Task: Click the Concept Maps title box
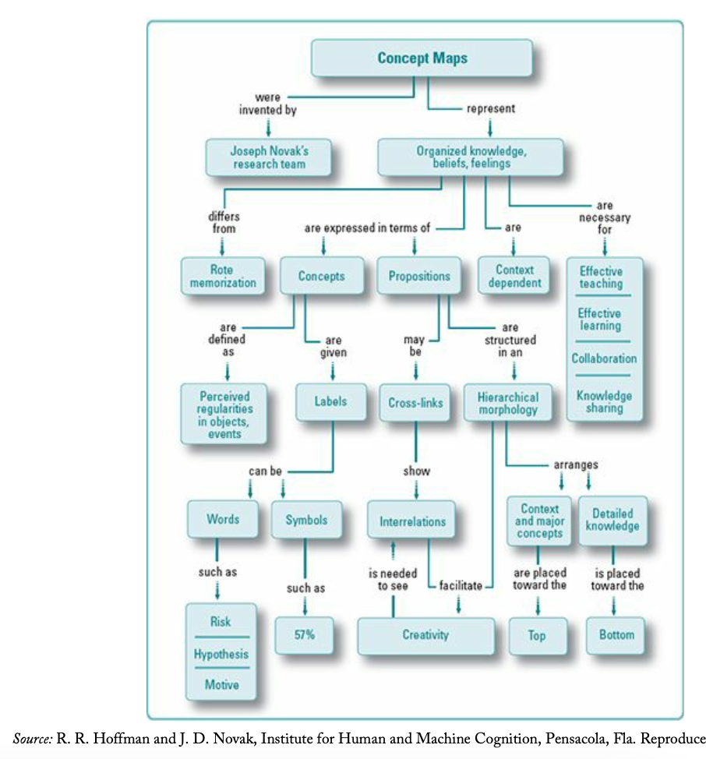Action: coord(422,58)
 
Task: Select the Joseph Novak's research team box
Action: coord(268,157)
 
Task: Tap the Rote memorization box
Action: coord(222,276)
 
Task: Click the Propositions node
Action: coord(419,276)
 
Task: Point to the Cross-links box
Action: coord(415,403)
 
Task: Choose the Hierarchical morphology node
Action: coord(507,403)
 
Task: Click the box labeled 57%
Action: coord(304,634)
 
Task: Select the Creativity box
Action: coord(425,634)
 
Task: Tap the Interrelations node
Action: coord(412,521)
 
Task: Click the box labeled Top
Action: coord(537,635)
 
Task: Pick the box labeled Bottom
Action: coord(616,634)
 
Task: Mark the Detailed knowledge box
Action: coord(612,520)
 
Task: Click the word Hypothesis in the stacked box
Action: coord(221,654)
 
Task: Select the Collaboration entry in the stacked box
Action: coord(604,358)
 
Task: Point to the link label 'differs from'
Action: coord(223,223)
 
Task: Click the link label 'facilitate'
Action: coord(460,584)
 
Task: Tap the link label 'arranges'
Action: coord(576,465)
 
